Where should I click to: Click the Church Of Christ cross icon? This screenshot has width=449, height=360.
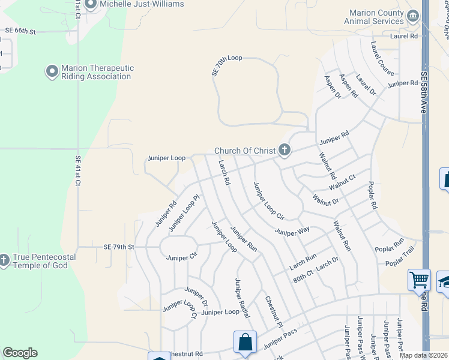[x=284, y=151]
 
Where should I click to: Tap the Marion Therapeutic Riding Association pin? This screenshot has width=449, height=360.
[x=52, y=72]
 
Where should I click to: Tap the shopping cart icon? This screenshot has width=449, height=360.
[x=419, y=280]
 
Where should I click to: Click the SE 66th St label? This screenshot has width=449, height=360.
[x=20, y=30]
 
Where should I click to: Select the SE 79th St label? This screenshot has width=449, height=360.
[x=119, y=247]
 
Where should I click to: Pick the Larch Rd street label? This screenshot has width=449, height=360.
[x=224, y=172]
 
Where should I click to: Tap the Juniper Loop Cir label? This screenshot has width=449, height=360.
[x=268, y=200]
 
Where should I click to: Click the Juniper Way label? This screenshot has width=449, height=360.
[x=292, y=230]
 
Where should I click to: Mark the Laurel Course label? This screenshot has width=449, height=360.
[x=382, y=58]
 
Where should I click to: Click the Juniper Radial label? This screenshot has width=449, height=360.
[x=242, y=298]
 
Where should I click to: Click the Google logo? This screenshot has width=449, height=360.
[x=20, y=353]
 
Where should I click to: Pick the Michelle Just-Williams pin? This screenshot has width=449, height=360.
[x=91, y=5]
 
